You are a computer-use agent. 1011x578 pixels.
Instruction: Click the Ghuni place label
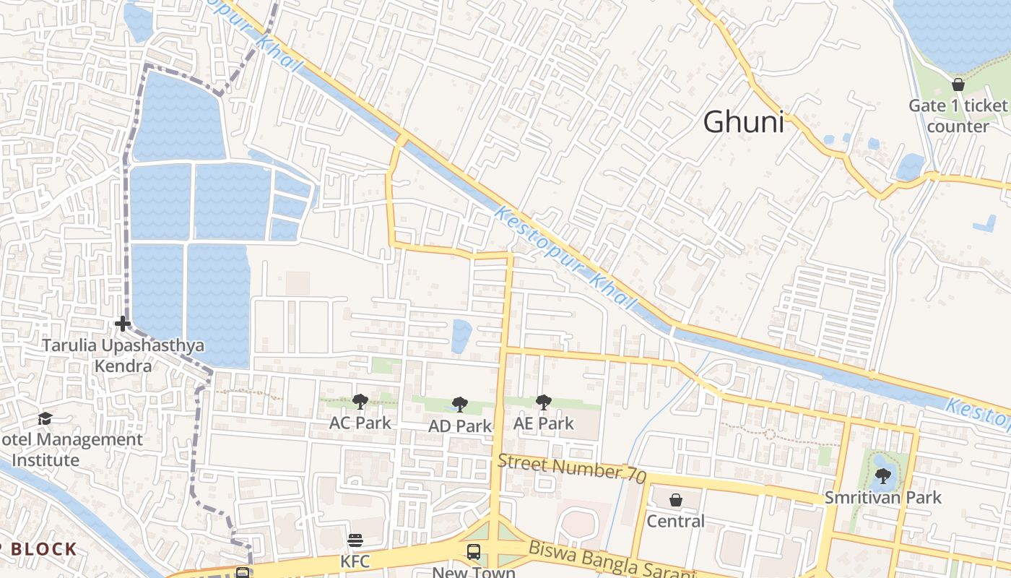tap(743, 122)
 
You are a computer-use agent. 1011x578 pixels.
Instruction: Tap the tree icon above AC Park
tap(360, 402)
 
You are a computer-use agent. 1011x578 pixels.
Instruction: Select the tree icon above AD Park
tap(459, 405)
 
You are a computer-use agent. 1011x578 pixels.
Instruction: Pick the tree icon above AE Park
tap(543, 402)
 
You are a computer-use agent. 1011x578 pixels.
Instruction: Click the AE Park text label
tap(543, 423)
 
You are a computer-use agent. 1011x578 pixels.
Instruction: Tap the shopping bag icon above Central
tap(675, 499)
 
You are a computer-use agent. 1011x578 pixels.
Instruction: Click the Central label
tap(675, 521)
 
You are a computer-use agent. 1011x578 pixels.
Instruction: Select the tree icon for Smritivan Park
tap(882, 475)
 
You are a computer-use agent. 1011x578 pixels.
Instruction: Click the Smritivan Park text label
tap(883, 497)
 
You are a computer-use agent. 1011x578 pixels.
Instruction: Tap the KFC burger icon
tap(355, 540)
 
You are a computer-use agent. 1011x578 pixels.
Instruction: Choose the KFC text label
tap(355, 561)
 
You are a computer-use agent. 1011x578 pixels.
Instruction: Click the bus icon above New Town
tap(474, 552)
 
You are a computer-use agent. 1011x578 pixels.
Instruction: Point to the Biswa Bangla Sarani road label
tap(611, 560)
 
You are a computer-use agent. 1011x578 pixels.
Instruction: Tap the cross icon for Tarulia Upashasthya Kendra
tap(123, 324)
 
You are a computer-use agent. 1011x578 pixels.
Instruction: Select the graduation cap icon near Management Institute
tap(45, 418)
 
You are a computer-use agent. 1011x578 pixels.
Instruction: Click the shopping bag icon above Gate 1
tap(958, 85)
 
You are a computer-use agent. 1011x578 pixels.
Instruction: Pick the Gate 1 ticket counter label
tap(958, 116)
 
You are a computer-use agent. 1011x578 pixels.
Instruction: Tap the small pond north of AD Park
tap(461, 336)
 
